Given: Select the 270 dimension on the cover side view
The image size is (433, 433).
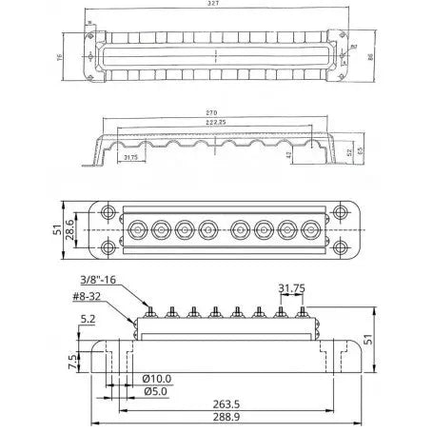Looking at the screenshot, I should tap(211, 112).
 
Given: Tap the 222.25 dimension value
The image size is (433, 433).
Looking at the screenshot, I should tap(214, 122).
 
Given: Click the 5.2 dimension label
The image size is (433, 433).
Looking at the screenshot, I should tap(88, 320).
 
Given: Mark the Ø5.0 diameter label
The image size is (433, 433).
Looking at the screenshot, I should tap(154, 392).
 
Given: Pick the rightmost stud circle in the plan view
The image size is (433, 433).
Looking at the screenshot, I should tap(310, 229).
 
